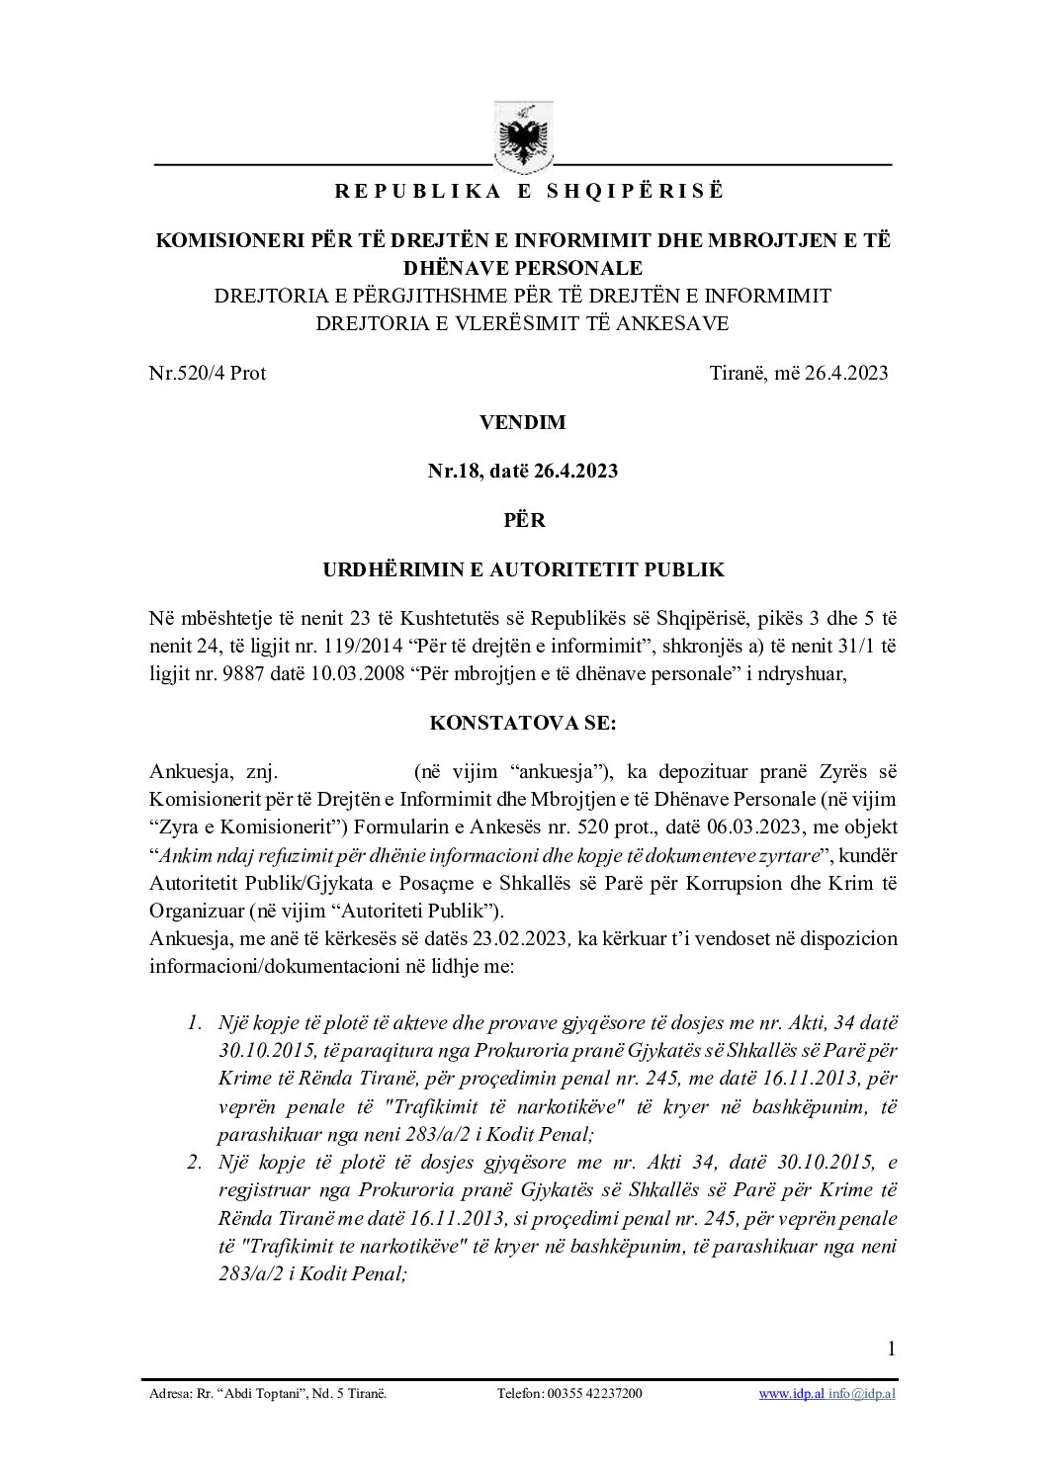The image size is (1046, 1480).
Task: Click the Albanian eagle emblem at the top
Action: pos(523,135)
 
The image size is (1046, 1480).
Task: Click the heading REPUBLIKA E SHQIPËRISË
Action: pos(529,192)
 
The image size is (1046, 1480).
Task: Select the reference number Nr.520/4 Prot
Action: pos(208,373)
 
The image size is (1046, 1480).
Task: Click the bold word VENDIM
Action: pos(522,422)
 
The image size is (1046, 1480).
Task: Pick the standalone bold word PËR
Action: pos(523,520)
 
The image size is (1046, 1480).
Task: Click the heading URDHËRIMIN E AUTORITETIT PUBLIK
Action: pos(523,569)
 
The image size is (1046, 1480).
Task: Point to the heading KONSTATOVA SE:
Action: pos(523,723)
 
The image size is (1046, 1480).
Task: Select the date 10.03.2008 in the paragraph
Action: pos(355,674)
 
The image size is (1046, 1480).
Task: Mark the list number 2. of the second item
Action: pos(196,1162)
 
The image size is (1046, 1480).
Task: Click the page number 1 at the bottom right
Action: pos(892,1349)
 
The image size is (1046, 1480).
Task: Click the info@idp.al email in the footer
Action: pos(862,1394)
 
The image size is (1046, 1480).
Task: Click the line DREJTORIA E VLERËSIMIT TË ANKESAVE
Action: pos(523,323)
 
